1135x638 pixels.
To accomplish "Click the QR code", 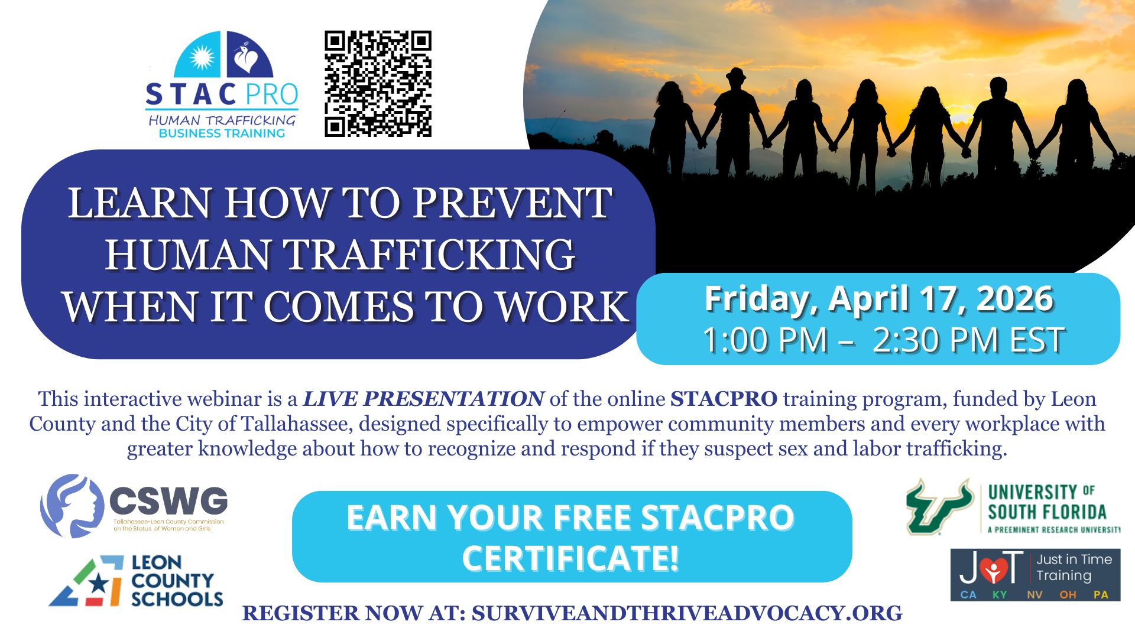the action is pyautogui.click(x=378, y=84).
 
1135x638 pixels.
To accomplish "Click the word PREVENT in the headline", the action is pyautogui.click(x=512, y=203).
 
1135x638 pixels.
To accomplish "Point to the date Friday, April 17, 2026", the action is pyautogui.click(x=878, y=299).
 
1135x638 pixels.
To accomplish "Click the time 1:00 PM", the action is pyautogui.click(x=766, y=340).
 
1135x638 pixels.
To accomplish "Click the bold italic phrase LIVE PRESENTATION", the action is pyautogui.click(x=423, y=399).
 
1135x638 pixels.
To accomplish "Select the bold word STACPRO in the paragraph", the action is pyautogui.click(x=724, y=399).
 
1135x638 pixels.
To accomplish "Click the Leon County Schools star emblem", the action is pyautogui.click(x=87, y=581).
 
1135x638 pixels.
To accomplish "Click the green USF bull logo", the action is pyautogui.click(x=939, y=507).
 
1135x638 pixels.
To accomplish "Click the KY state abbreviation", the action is pyautogui.click(x=1000, y=594).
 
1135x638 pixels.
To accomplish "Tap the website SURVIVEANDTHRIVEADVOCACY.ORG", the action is pyautogui.click(x=687, y=613).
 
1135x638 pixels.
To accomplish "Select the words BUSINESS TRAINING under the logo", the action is pyautogui.click(x=222, y=134).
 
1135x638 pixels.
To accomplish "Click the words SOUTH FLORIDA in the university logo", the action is pyautogui.click(x=1047, y=512).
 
